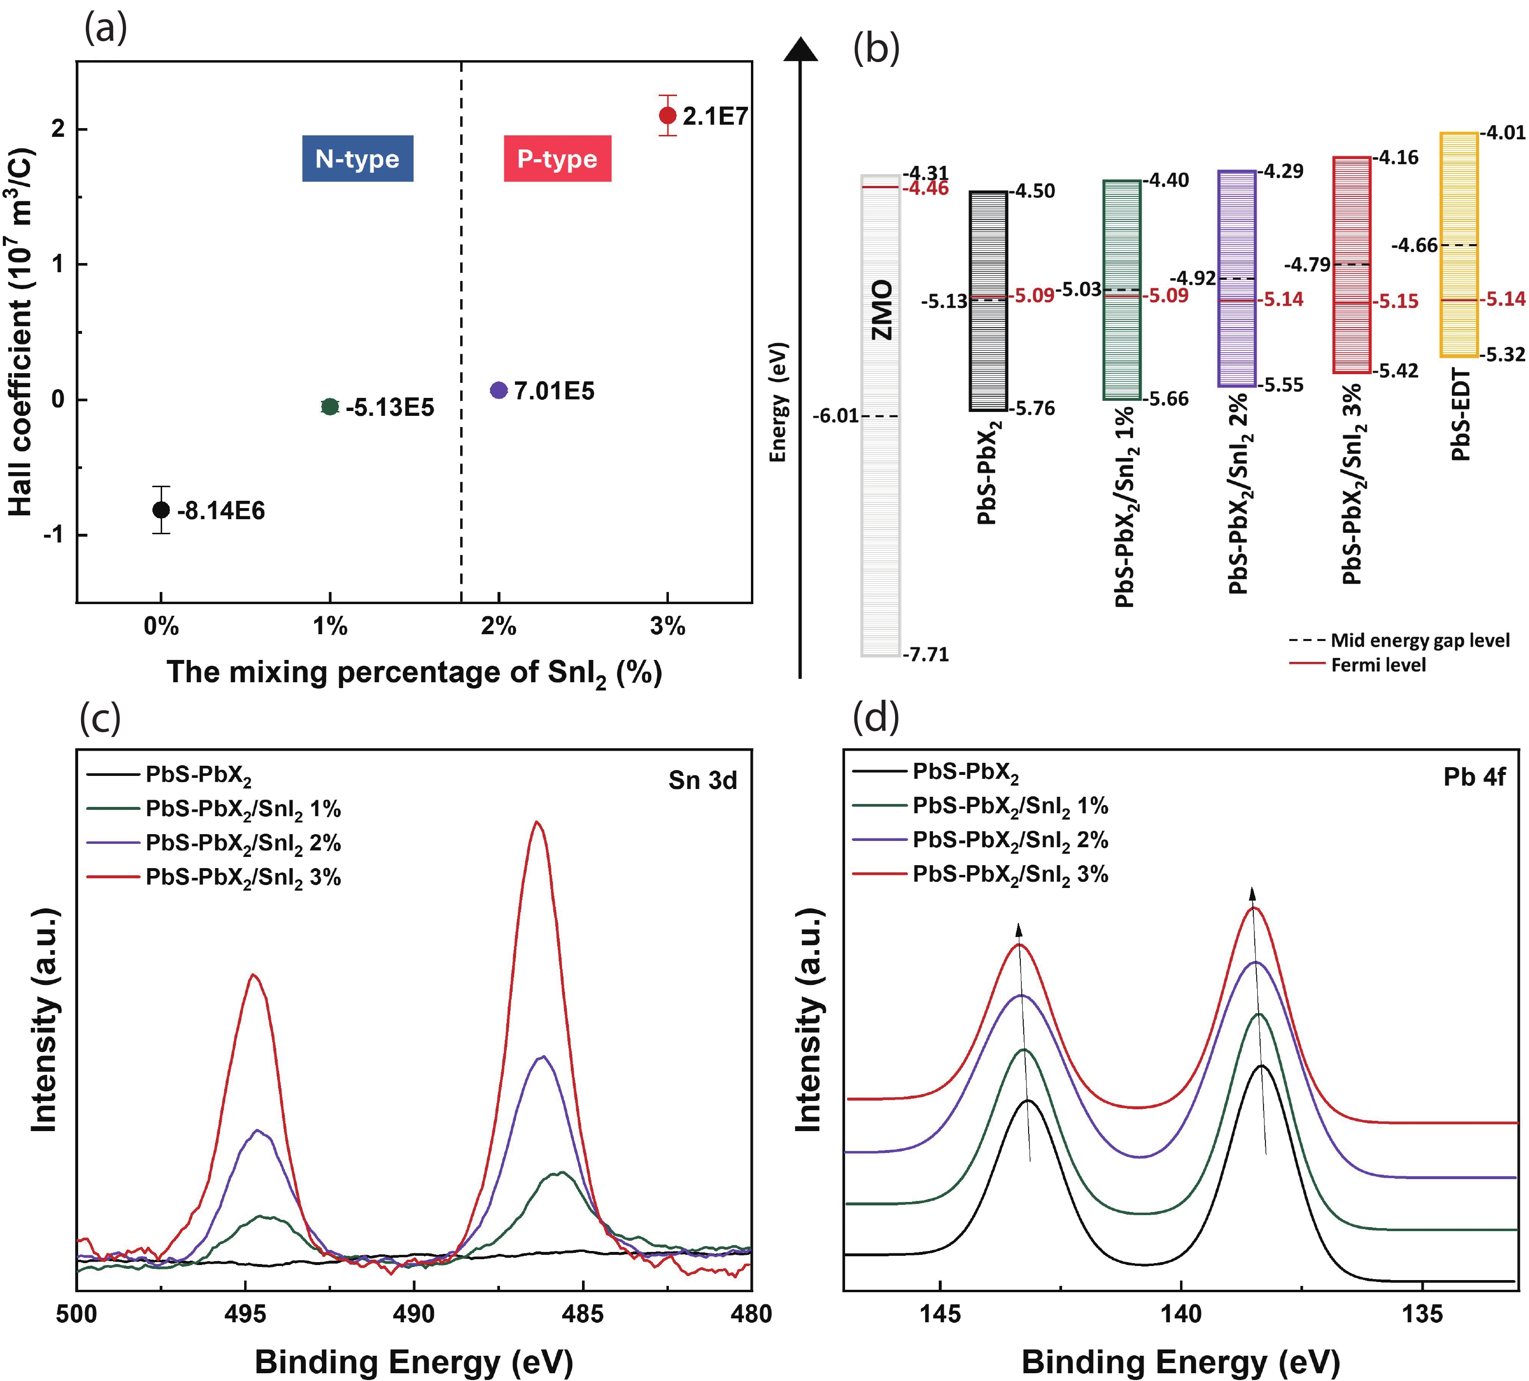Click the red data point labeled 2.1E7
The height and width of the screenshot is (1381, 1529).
pyautogui.click(x=667, y=115)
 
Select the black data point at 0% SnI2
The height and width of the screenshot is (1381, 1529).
pyautogui.click(x=161, y=510)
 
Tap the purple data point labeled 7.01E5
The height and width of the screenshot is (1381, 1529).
pyautogui.click(x=499, y=391)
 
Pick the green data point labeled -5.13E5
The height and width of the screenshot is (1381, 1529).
pyautogui.click(x=330, y=407)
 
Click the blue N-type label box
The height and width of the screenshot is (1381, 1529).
pyautogui.click(x=357, y=159)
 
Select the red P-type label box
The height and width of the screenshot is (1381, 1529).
pyautogui.click(x=557, y=159)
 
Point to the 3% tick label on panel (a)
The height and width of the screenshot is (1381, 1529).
pyautogui.click(x=667, y=626)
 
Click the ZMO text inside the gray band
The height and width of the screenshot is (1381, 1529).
pyautogui.click(x=881, y=310)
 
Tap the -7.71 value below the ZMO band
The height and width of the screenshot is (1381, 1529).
pyautogui.click(x=926, y=654)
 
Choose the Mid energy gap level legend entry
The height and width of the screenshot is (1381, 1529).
pyautogui.click(x=1419, y=641)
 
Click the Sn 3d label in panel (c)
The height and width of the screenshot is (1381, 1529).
pyautogui.click(x=702, y=780)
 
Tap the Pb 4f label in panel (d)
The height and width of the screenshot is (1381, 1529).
pyautogui.click(x=1474, y=777)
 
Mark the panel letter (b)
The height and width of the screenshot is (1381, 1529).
pyautogui.click(x=876, y=49)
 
